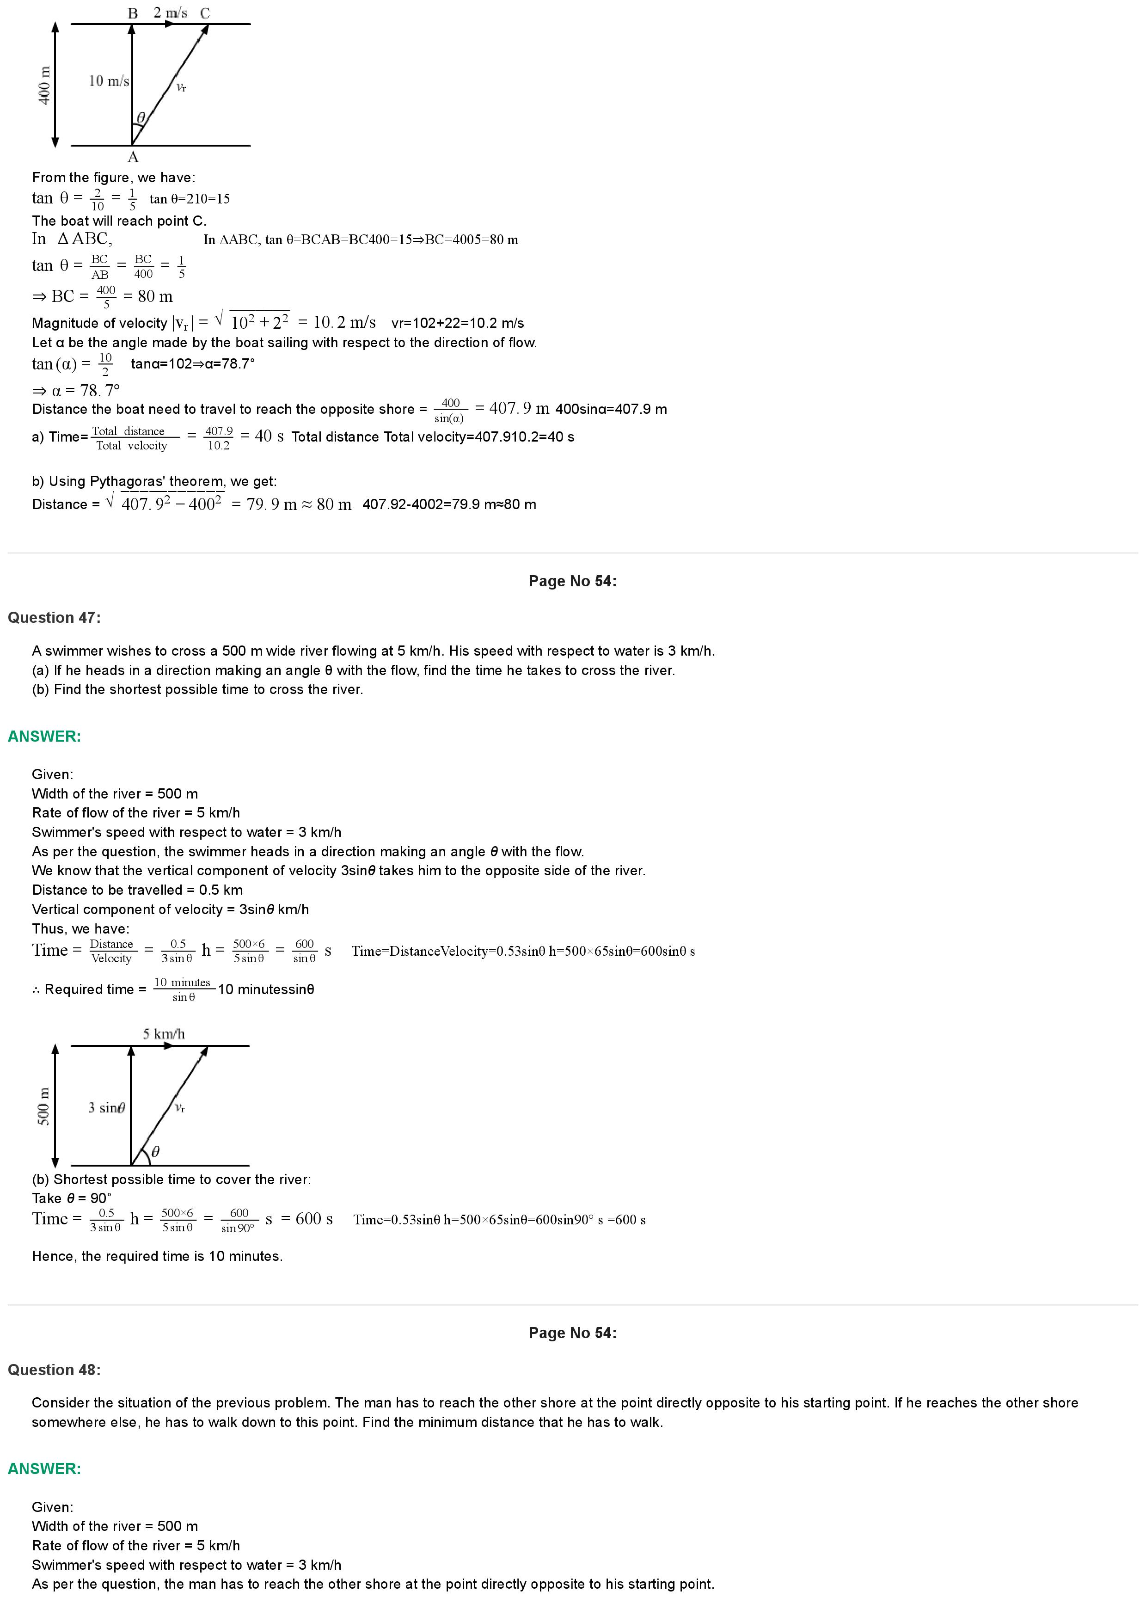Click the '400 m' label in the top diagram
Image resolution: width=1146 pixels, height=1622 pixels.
click(44, 86)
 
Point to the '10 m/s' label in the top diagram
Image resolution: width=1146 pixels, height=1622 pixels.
click(109, 81)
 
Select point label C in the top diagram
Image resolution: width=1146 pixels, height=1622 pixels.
click(205, 13)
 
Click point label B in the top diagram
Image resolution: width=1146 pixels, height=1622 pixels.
click(133, 13)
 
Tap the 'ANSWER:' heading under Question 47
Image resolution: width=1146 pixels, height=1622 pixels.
click(44, 736)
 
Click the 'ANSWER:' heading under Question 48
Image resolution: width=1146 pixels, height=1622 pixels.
click(44, 1468)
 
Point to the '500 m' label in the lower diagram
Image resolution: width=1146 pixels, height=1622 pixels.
click(44, 1106)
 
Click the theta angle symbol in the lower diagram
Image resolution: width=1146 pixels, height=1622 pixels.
click(155, 1151)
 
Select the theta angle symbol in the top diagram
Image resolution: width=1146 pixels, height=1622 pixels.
click(141, 117)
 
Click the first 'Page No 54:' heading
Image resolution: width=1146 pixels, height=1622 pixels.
click(572, 581)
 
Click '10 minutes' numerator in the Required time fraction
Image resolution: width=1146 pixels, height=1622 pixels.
click(182, 983)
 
